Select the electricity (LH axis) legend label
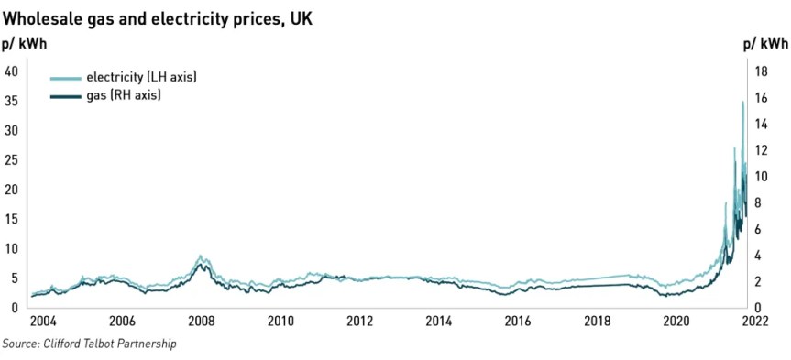(x=141, y=77)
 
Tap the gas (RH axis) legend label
(x=124, y=95)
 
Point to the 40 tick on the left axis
(x=12, y=71)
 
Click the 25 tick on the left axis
(x=12, y=160)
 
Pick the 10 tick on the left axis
(x=12, y=249)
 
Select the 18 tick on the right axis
(x=760, y=71)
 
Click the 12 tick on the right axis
(x=760, y=150)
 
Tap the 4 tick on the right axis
(x=760, y=256)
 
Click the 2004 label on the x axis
(x=43, y=322)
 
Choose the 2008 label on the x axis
(x=202, y=322)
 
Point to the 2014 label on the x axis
(x=439, y=322)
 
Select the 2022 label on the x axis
(x=754, y=322)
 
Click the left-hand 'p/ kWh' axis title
(x=25, y=43)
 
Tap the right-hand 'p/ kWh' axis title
(x=764, y=43)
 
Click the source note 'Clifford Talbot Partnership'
(x=89, y=344)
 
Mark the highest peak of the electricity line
(x=742, y=102)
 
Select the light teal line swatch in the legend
(x=65, y=78)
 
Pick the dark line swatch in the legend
(x=65, y=95)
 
